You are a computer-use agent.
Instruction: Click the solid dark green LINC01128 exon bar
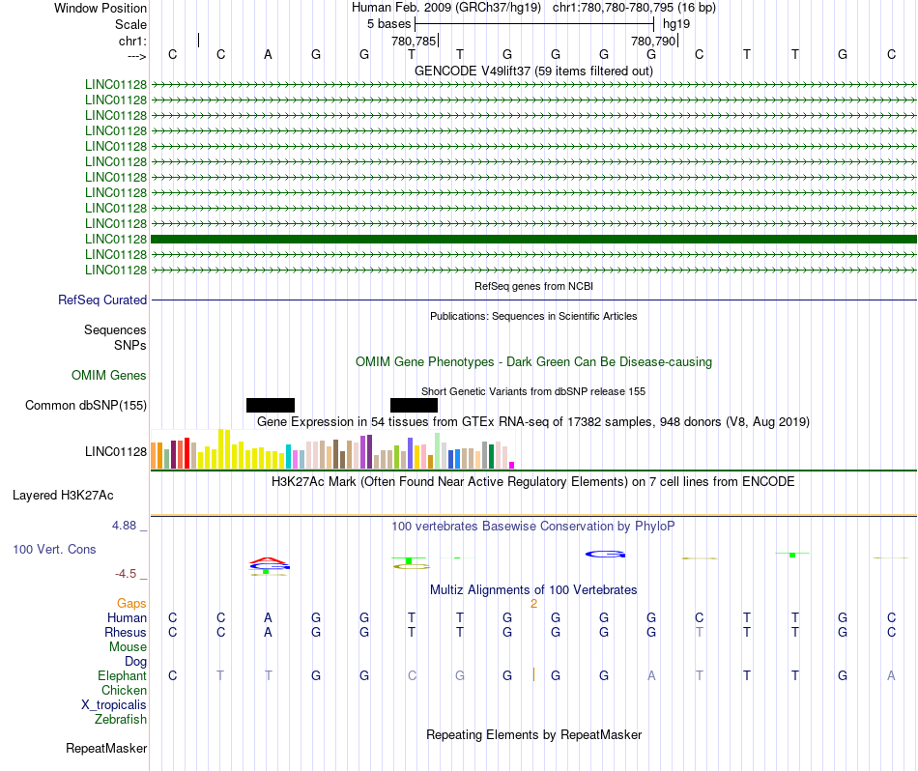pos(533,239)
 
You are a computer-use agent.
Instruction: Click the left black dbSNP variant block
pos(271,405)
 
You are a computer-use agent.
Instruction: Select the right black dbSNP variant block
pos(414,405)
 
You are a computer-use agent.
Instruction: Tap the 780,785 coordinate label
pos(414,41)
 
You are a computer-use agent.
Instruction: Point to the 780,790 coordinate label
pos(653,41)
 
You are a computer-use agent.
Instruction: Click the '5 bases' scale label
pos(388,24)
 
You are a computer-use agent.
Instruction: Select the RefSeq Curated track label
pos(102,300)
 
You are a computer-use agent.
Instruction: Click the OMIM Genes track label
pos(109,375)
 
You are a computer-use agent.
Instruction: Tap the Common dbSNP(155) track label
pos(86,405)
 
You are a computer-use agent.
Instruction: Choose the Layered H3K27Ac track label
pos(63,496)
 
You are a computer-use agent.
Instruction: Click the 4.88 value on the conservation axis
pos(124,526)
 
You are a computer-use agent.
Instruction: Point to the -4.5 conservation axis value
pos(126,574)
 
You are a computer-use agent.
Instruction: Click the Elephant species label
pos(122,675)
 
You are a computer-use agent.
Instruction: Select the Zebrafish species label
pos(121,719)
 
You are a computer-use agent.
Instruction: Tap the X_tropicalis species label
pos(114,705)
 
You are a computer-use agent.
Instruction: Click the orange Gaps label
pos(131,603)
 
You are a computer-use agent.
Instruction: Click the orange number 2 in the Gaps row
pos(534,604)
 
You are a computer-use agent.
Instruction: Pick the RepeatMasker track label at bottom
pos(106,748)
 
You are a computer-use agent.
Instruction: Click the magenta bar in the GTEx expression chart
pos(512,466)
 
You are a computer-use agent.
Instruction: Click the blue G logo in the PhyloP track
pos(605,554)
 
